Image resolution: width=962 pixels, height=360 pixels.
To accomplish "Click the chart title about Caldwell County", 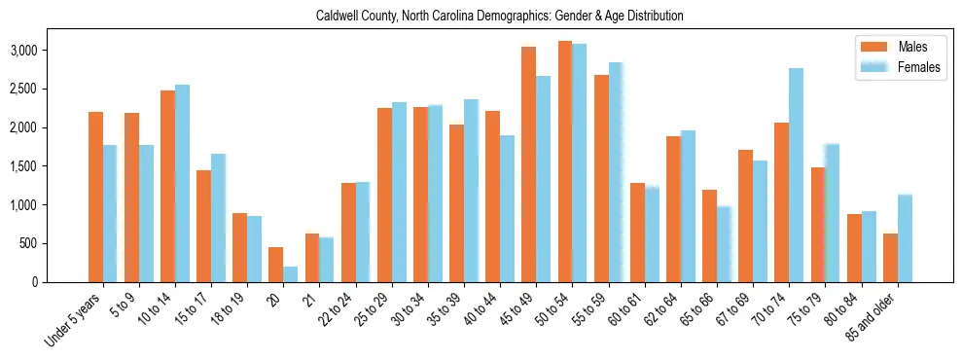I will [x=500, y=17].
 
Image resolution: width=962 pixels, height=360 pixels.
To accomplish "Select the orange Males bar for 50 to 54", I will [x=565, y=162].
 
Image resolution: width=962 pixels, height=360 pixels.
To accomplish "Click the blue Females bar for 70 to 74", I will [x=796, y=175].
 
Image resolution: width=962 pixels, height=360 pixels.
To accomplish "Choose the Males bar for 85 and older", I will [x=890, y=258].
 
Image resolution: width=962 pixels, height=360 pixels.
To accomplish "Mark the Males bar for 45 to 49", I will [x=528, y=164].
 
